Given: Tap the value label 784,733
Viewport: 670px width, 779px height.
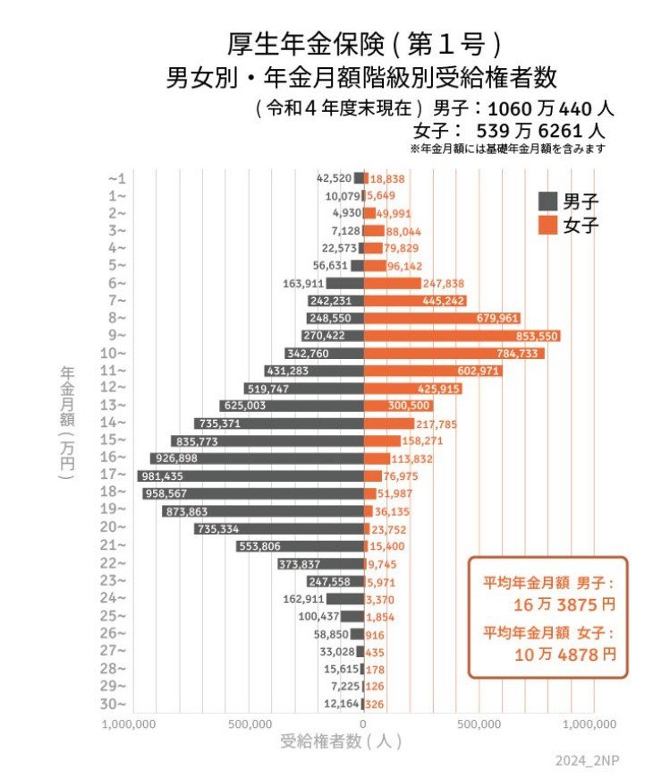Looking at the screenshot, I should (x=513, y=354).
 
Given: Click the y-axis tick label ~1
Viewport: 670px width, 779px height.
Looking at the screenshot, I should (x=117, y=178).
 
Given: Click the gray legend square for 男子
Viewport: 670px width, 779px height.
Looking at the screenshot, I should (x=547, y=201).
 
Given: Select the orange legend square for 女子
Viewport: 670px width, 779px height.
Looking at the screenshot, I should (x=547, y=226).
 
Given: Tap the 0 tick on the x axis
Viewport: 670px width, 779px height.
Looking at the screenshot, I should (x=363, y=723).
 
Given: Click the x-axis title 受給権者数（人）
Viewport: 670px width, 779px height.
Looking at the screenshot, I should (x=341, y=741).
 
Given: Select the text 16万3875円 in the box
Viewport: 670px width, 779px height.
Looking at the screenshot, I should (x=564, y=604).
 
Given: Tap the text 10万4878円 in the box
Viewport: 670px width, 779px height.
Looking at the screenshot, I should (x=564, y=654).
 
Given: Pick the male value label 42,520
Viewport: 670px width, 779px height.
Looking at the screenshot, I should (x=334, y=178).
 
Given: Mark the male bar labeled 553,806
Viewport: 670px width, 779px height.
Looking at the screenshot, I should (x=300, y=545).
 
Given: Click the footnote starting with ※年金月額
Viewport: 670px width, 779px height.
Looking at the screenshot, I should (x=507, y=149).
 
